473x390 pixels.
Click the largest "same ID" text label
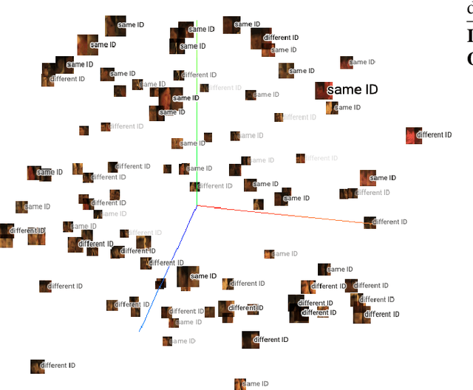pos(352,90)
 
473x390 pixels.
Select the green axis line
pos(197,133)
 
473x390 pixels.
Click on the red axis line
pos(281,213)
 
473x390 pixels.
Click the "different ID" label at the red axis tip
pos(390,222)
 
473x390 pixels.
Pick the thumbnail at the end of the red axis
pos(370,222)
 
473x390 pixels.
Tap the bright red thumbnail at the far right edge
pos(414,136)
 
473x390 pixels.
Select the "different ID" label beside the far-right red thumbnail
pos(434,135)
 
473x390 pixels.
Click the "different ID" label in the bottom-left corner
pos(58,366)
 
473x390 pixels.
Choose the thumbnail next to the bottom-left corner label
pos(36,366)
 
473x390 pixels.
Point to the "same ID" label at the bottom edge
pos(255,384)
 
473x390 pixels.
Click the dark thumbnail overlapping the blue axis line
pos(160,284)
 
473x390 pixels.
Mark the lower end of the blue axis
pos(140,330)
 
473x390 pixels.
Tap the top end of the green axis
pos(197,21)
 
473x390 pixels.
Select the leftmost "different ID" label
pos(27,230)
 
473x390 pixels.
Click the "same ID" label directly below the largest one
pos(347,108)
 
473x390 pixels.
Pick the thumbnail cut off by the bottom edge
pos(239,384)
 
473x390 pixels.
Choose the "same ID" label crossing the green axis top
pos(201,30)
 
